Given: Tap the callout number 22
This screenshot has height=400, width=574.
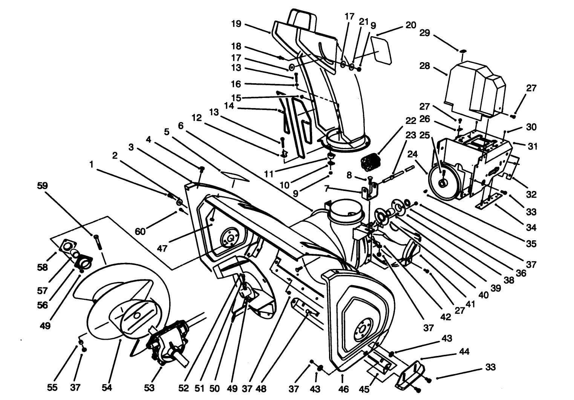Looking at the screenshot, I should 411,121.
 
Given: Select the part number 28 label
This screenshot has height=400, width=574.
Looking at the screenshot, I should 424,66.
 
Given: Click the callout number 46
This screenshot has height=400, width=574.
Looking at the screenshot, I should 344,388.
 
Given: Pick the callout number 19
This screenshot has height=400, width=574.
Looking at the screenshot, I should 236,24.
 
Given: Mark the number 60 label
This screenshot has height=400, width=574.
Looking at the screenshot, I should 140,231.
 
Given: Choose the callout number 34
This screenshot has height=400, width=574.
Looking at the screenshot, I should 531,227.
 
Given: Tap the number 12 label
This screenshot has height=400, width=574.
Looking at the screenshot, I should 197,118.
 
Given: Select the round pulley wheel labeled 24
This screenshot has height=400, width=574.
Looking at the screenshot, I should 443,183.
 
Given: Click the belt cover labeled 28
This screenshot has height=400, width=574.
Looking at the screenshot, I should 473,90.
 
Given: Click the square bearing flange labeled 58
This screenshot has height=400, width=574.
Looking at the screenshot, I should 66,247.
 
